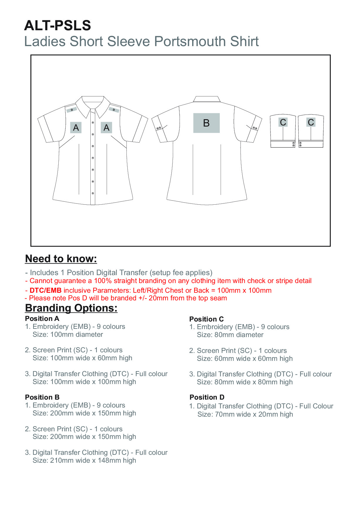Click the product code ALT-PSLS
(x=58, y=26)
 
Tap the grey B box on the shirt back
(x=206, y=123)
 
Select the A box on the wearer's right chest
(x=76, y=128)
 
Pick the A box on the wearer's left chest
(x=106, y=128)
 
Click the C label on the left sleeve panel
(x=283, y=122)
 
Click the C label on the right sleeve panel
(x=311, y=122)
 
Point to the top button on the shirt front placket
(x=93, y=122)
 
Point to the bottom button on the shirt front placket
(x=93, y=193)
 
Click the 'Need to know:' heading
(x=61, y=259)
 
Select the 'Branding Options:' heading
(x=71, y=308)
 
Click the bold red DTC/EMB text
(x=45, y=290)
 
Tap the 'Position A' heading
(x=42, y=319)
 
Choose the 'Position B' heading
(x=42, y=397)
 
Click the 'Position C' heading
(x=206, y=319)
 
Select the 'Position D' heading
(x=207, y=397)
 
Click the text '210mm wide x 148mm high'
(x=93, y=460)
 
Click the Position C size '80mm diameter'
(x=239, y=335)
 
